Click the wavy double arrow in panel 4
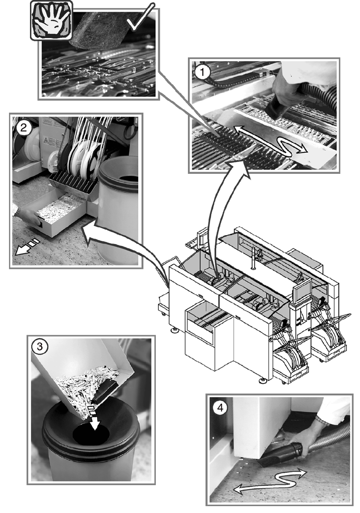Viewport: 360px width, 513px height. [x=270, y=479]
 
